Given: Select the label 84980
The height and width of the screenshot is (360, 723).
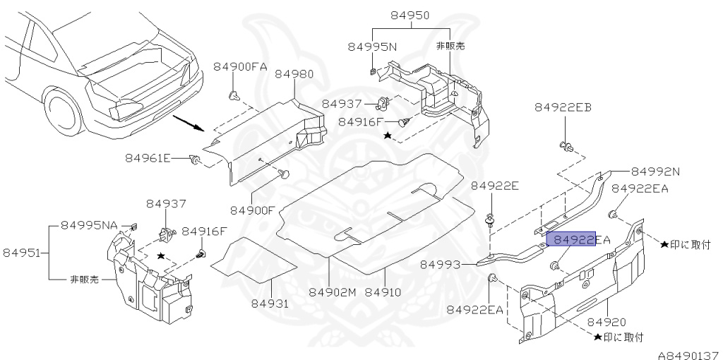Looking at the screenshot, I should point(294,74).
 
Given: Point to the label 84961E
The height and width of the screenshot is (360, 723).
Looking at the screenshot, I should point(148,157).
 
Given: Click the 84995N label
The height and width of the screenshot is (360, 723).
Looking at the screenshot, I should point(372,47).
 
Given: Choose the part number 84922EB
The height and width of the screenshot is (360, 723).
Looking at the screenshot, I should point(562,107).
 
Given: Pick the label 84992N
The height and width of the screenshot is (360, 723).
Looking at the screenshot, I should point(655,171).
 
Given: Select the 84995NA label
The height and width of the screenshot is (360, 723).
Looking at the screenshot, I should point(89,224).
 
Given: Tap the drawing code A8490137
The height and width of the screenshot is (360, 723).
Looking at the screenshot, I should point(688,352).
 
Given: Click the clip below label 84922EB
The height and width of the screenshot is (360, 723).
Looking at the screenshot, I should point(566,147).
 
